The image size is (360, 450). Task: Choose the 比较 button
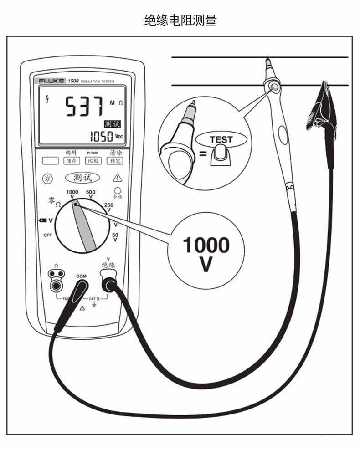93,161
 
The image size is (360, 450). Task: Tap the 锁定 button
115,161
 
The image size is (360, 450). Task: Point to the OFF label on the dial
47,235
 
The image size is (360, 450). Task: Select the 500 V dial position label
91,194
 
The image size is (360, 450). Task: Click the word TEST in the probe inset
221,140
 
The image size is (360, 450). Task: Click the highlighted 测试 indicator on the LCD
112,124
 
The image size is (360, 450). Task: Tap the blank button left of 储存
51,161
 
